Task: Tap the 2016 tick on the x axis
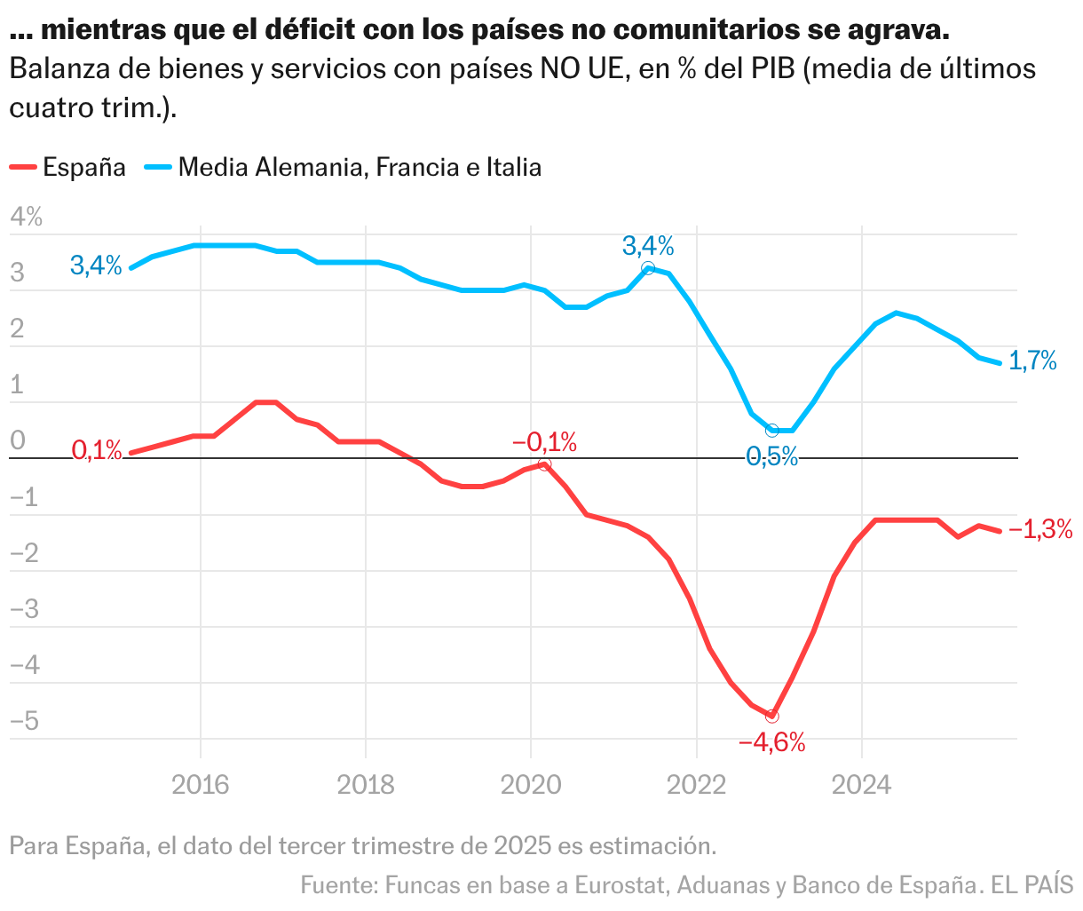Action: [201, 785]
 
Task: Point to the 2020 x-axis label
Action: [531, 785]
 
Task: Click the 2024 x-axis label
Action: [861, 785]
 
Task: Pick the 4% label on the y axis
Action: [26, 217]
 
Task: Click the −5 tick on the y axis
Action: [24, 720]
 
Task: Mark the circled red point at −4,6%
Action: [771, 716]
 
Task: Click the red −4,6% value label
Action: [771, 742]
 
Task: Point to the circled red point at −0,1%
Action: [544, 464]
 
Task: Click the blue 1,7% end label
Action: [1032, 361]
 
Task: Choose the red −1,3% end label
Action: [1040, 530]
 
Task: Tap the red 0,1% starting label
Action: [97, 450]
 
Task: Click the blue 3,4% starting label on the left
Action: [96, 265]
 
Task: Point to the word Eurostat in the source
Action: [621, 885]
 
